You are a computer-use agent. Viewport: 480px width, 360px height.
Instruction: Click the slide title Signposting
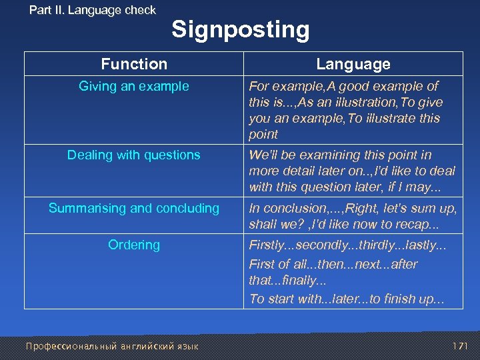pos(240,30)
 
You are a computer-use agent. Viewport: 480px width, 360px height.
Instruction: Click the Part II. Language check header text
pos(93,10)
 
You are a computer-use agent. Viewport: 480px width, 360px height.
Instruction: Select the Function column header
pos(134,64)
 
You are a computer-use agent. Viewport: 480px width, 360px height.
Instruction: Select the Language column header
pos(353,64)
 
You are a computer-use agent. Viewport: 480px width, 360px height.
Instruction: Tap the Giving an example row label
pos(134,86)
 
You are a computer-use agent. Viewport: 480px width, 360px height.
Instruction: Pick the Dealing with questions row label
pos(134,155)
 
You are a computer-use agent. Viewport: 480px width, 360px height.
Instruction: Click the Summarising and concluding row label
pos(134,208)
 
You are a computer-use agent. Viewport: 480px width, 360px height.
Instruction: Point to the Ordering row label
pos(134,245)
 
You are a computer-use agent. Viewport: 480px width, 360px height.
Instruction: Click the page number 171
pos(459,346)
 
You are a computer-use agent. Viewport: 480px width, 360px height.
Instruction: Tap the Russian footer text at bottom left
pos(111,346)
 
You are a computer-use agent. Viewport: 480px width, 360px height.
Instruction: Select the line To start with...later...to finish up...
pos(347,299)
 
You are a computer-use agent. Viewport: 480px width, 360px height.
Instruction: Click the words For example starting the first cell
pos(283,86)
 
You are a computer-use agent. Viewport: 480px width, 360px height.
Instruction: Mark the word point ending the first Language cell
pos(263,134)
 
